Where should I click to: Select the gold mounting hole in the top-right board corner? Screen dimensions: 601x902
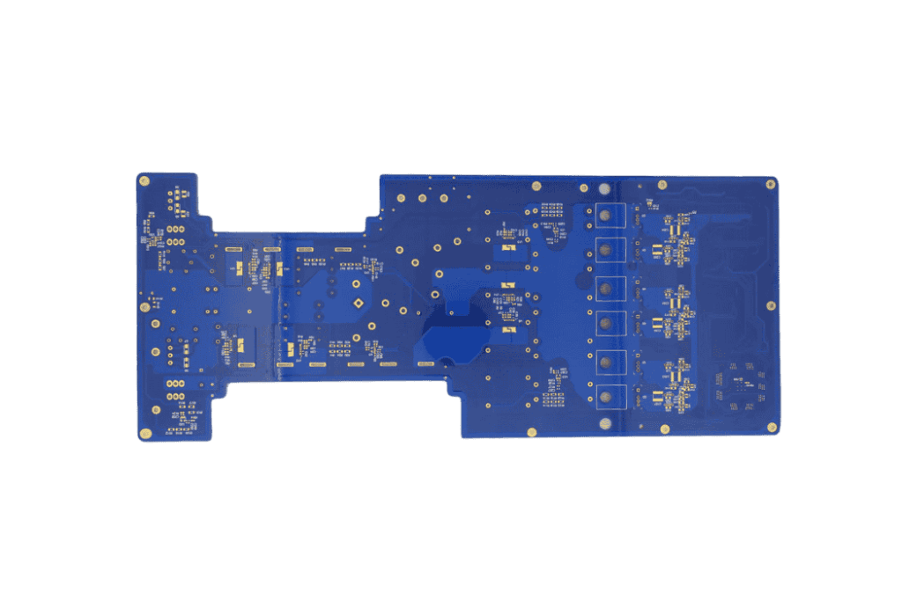(x=770, y=184)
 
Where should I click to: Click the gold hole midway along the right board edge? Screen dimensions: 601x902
(x=771, y=305)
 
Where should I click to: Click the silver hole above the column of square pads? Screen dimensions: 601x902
(x=603, y=188)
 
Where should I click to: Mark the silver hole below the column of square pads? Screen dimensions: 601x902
(x=603, y=424)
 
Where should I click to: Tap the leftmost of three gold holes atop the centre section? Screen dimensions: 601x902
(x=401, y=198)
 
